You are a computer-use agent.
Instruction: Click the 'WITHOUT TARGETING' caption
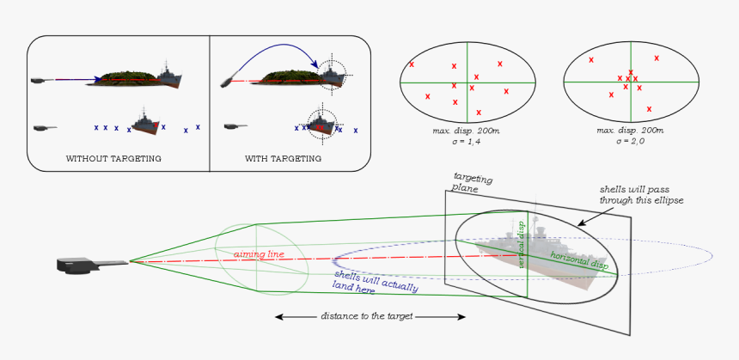pyautogui.click(x=113, y=159)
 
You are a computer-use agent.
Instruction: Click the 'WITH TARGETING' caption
pyautogui.click(x=284, y=159)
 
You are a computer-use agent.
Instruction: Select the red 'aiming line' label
pyautogui.click(x=259, y=253)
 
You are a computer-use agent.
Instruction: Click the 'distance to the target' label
pyautogui.click(x=368, y=316)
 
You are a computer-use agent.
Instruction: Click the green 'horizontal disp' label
pyautogui.click(x=579, y=261)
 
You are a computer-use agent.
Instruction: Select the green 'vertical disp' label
pyautogui.click(x=522, y=243)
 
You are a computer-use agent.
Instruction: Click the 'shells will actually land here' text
pyautogui.click(x=376, y=280)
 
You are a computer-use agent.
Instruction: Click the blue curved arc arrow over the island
pyautogui.click(x=275, y=52)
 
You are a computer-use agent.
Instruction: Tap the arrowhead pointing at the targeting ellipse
pyautogui.click(x=580, y=224)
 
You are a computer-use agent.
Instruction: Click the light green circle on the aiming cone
pyautogui.click(x=259, y=258)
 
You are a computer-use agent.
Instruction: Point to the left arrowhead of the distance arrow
pyautogui.click(x=278, y=317)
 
